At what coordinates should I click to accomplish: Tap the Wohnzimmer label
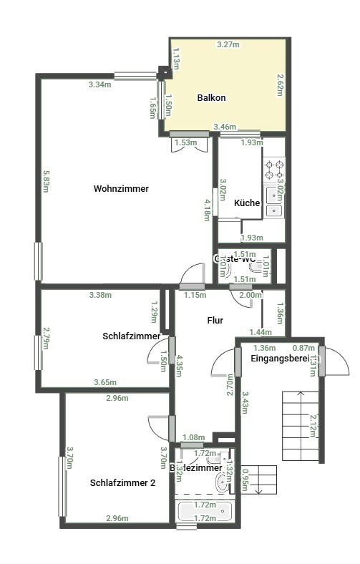coord(121,189)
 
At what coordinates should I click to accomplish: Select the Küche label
coord(247,203)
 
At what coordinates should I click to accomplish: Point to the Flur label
coord(215,321)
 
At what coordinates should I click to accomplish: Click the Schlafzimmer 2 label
coord(123,483)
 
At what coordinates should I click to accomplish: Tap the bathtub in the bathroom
coord(204,512)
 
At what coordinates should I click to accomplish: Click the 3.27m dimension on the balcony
coord(228,44)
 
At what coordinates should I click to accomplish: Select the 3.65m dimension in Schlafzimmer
coord(105,382)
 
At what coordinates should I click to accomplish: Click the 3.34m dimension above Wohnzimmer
coord(99,84)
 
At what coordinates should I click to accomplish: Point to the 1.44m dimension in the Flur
coord(261,332)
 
